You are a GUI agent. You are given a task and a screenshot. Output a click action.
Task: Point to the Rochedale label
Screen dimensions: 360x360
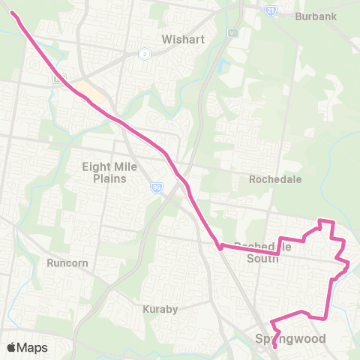pos(275,180)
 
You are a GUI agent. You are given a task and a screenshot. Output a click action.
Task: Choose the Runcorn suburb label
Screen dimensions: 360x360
pos(68,263)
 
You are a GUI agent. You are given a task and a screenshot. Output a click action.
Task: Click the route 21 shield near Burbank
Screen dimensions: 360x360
pos(270,10)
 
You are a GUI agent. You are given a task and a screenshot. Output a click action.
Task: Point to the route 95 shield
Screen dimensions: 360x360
pos(157,189)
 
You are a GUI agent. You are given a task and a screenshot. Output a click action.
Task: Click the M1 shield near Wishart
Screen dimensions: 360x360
pos(233,33)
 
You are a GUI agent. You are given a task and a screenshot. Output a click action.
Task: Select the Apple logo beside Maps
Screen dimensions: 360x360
pos(12,347)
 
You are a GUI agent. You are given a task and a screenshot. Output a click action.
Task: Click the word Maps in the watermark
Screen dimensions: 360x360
pos(33,347)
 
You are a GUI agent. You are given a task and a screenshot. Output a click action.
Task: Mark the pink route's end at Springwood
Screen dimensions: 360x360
pos(274,346)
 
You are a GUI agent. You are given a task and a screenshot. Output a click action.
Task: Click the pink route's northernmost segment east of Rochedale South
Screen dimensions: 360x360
pos(326,221)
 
